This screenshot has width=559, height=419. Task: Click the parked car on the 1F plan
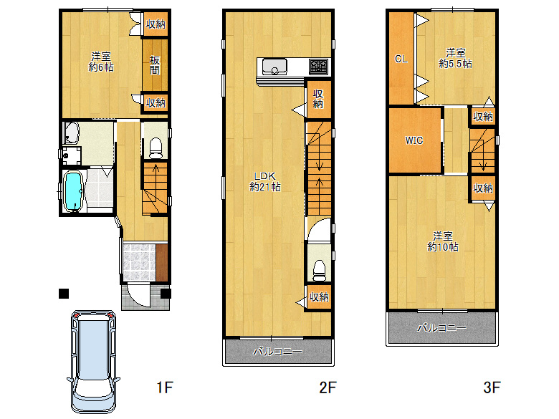(93, 362)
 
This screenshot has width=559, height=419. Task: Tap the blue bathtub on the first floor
(73, 191)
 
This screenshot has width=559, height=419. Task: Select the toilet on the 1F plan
(156, 148)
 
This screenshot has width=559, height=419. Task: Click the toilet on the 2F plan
(319, 271)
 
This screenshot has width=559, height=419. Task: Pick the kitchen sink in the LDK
(274, 67)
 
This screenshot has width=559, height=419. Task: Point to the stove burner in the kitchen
(318, 67)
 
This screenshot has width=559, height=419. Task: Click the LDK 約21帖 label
(265, 182)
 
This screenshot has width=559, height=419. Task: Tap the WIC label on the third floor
(414, 140)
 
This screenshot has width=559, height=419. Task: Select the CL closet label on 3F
(401, 59)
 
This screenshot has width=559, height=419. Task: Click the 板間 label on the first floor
(155, 65)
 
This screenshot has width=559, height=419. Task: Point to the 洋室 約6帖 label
(101, 62)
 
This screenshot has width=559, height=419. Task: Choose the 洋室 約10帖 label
(443, 241)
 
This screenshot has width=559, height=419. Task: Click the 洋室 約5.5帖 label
(455, 58)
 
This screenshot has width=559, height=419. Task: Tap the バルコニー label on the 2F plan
(278, 352)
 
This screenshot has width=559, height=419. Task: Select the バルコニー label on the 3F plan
(441, 327)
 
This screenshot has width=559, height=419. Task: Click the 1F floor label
(165, 387)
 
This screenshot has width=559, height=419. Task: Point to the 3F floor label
(492, 387)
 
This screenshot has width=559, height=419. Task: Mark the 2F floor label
(328, 387)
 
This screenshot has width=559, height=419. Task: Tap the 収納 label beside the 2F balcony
(319, 297)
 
